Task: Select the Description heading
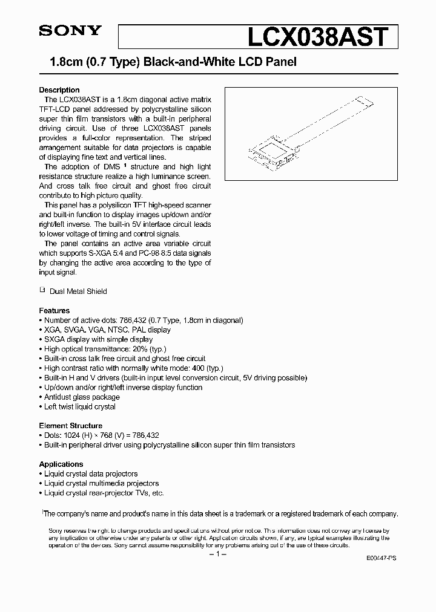[59, 90]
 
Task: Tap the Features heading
[54, 310]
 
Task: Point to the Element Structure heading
[71, 425]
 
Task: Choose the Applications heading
[61, 464]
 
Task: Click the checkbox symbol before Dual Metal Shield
[42, 290]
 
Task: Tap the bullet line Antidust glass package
[82, 397]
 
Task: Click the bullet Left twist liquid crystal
[80, 407]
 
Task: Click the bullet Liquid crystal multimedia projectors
[101, 483]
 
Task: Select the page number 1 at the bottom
[217, 555]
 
